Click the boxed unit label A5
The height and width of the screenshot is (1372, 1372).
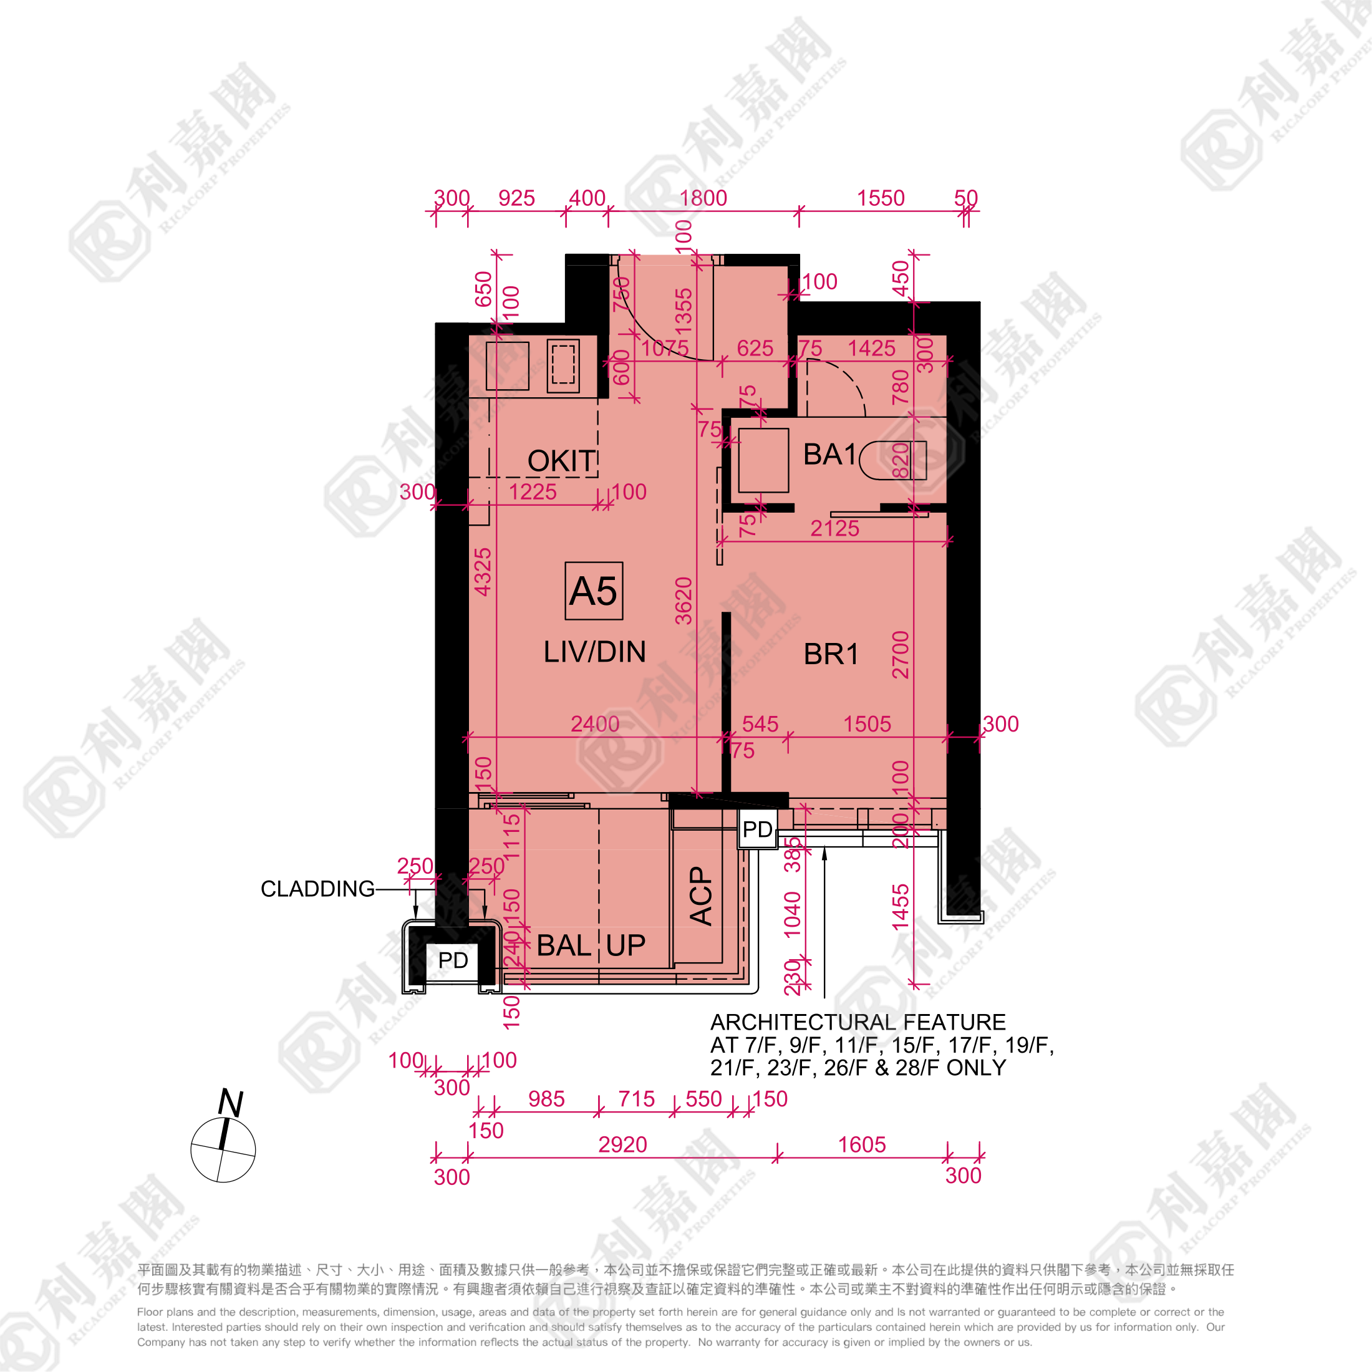[x=594, y=591]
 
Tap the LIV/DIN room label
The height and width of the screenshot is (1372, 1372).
[x=594, y=652]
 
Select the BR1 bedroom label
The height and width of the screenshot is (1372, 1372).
[x=831, y=654]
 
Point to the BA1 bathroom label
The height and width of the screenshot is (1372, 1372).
[x=829, y=455]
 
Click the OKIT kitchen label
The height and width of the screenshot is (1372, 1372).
[x=561, y=461]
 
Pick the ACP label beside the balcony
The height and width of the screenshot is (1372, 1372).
[x=701, y=896]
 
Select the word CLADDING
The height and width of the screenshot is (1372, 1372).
[x=317, y=889]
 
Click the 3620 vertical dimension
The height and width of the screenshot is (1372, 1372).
[x=683, y=601]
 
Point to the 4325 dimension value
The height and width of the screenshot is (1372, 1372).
[x=483, y=572]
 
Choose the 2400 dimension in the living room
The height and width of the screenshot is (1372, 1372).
[x=595, y=723]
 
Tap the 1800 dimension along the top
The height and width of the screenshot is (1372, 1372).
[x=703, y=198]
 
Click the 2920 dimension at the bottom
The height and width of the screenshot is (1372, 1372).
[x=622, y=1145]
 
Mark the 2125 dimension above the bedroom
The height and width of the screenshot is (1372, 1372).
[x=834, y=528]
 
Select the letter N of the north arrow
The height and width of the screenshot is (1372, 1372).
[x=230, y=1103]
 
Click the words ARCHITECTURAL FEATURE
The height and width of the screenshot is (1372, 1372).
[x=858, y=1023]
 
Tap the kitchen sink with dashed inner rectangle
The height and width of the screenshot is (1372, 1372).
[x=563, y=365]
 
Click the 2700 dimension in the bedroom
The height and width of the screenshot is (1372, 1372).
[x=901, y=655]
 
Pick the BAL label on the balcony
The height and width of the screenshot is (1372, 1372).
[x=564, y=945]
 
